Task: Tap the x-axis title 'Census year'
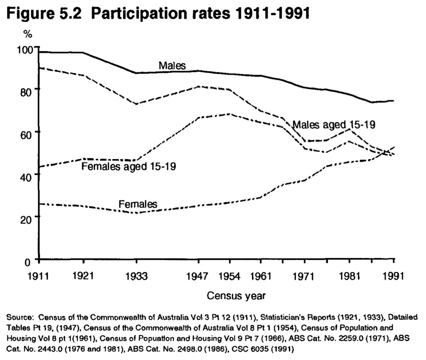click(236, 296)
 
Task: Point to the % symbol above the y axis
click(28, 35)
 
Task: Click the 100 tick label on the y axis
click(25, 49)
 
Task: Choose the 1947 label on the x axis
click(197, 277)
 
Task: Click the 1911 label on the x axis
click(38, 277)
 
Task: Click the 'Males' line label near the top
click(172, 66)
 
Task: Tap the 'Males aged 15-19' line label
click(334, 125)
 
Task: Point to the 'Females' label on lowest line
click(138, 204)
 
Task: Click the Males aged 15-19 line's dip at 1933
click(136, 104)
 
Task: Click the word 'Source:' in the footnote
click(20, 318)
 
